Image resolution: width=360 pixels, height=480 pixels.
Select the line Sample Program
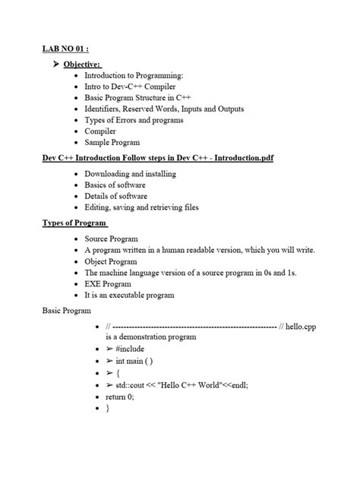[118, 142]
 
